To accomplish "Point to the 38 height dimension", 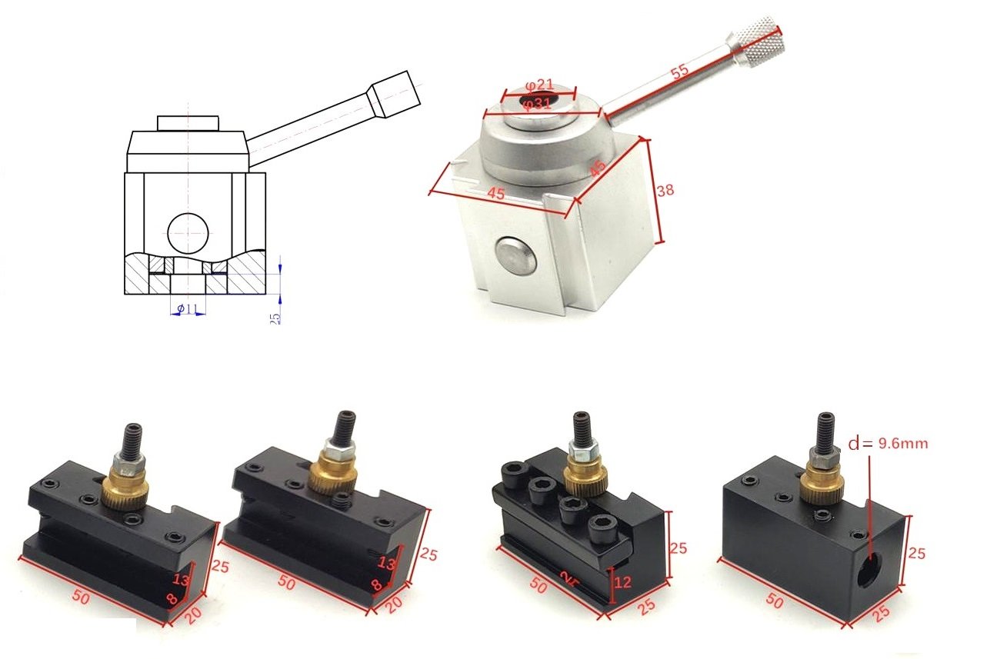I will point(665,189).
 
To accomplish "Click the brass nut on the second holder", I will point(334,477).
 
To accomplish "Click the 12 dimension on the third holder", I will point(622,583).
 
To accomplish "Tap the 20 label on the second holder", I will point(394,605).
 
